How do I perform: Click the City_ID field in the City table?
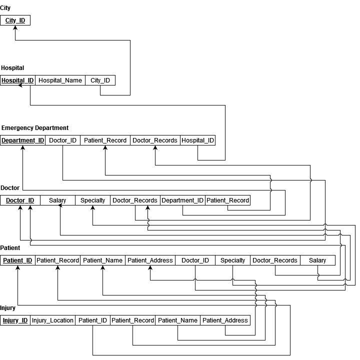click(15, 20)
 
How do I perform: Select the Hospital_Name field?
click(60, 80)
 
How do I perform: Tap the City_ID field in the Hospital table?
click(100, 80)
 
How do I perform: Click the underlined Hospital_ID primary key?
click(17, 80)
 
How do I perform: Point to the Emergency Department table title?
click(35, 128)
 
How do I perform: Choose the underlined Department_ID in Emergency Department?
click(22, 140)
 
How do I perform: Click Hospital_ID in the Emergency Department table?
click(197, 140)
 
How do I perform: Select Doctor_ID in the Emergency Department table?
click(62, 140)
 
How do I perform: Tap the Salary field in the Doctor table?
click(57, 200)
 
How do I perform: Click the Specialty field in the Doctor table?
click(92, 200)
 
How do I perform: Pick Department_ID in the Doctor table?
click(182, 200)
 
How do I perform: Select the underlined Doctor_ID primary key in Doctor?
click(20, 200)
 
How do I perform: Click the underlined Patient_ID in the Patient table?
click(17, 260)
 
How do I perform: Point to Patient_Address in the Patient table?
click(150, 260)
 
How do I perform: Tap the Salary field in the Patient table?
click(317, 260)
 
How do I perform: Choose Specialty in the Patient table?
click(232, 260)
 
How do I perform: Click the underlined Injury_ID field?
click(15, 320)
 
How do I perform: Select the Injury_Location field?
click(52, 320)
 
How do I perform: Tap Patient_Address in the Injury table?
click(225, 320)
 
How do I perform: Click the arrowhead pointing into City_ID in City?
click(15, 27)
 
